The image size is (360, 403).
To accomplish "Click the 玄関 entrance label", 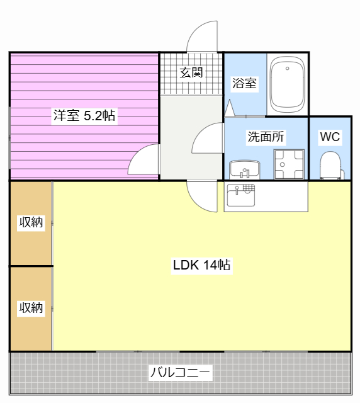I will point(191,72).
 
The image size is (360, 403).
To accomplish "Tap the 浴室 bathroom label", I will point(244,82).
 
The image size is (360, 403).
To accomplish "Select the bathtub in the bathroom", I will point(287,84).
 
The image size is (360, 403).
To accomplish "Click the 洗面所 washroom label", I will point(265,137).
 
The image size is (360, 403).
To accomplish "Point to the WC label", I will point(330,137).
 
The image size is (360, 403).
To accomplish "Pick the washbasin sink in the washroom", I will point(245,169).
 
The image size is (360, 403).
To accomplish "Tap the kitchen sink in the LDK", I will point(240,195).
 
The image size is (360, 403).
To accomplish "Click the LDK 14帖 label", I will point(201,265).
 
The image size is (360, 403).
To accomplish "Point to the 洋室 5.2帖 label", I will point(84,115).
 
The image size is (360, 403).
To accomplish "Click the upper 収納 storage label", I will point(31,222).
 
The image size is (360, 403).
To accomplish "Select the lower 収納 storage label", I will point(31,308).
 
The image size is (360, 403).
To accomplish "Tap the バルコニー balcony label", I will point(180,372).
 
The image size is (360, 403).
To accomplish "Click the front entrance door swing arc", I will point(203,37).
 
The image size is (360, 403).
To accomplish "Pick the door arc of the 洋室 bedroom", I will point(145,160).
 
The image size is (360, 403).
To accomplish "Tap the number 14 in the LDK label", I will point(210,265).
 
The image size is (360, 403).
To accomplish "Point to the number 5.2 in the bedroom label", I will point(93,115).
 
